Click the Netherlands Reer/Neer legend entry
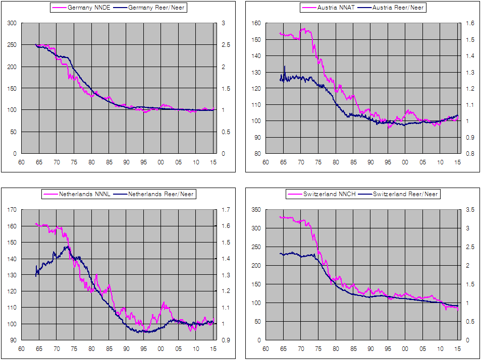(x=161, y=194)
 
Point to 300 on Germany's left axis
(x=12, y=23)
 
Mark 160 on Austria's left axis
(x=255, y=23)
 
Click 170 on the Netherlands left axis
(x=12, y=210)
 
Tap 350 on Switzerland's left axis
(x=255, y=210)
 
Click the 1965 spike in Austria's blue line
(x=284, y=67)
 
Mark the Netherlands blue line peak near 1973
(x=67, y=246)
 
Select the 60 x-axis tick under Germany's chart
(x=21, y=162)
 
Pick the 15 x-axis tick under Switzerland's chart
(x=458, y=349)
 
